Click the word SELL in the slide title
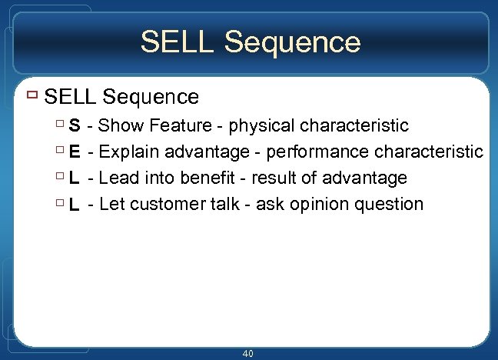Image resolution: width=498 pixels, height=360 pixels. pos(175,42)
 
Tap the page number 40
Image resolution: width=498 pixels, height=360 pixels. pos(247,353)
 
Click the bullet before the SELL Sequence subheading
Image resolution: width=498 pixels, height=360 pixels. pos(31,96)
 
